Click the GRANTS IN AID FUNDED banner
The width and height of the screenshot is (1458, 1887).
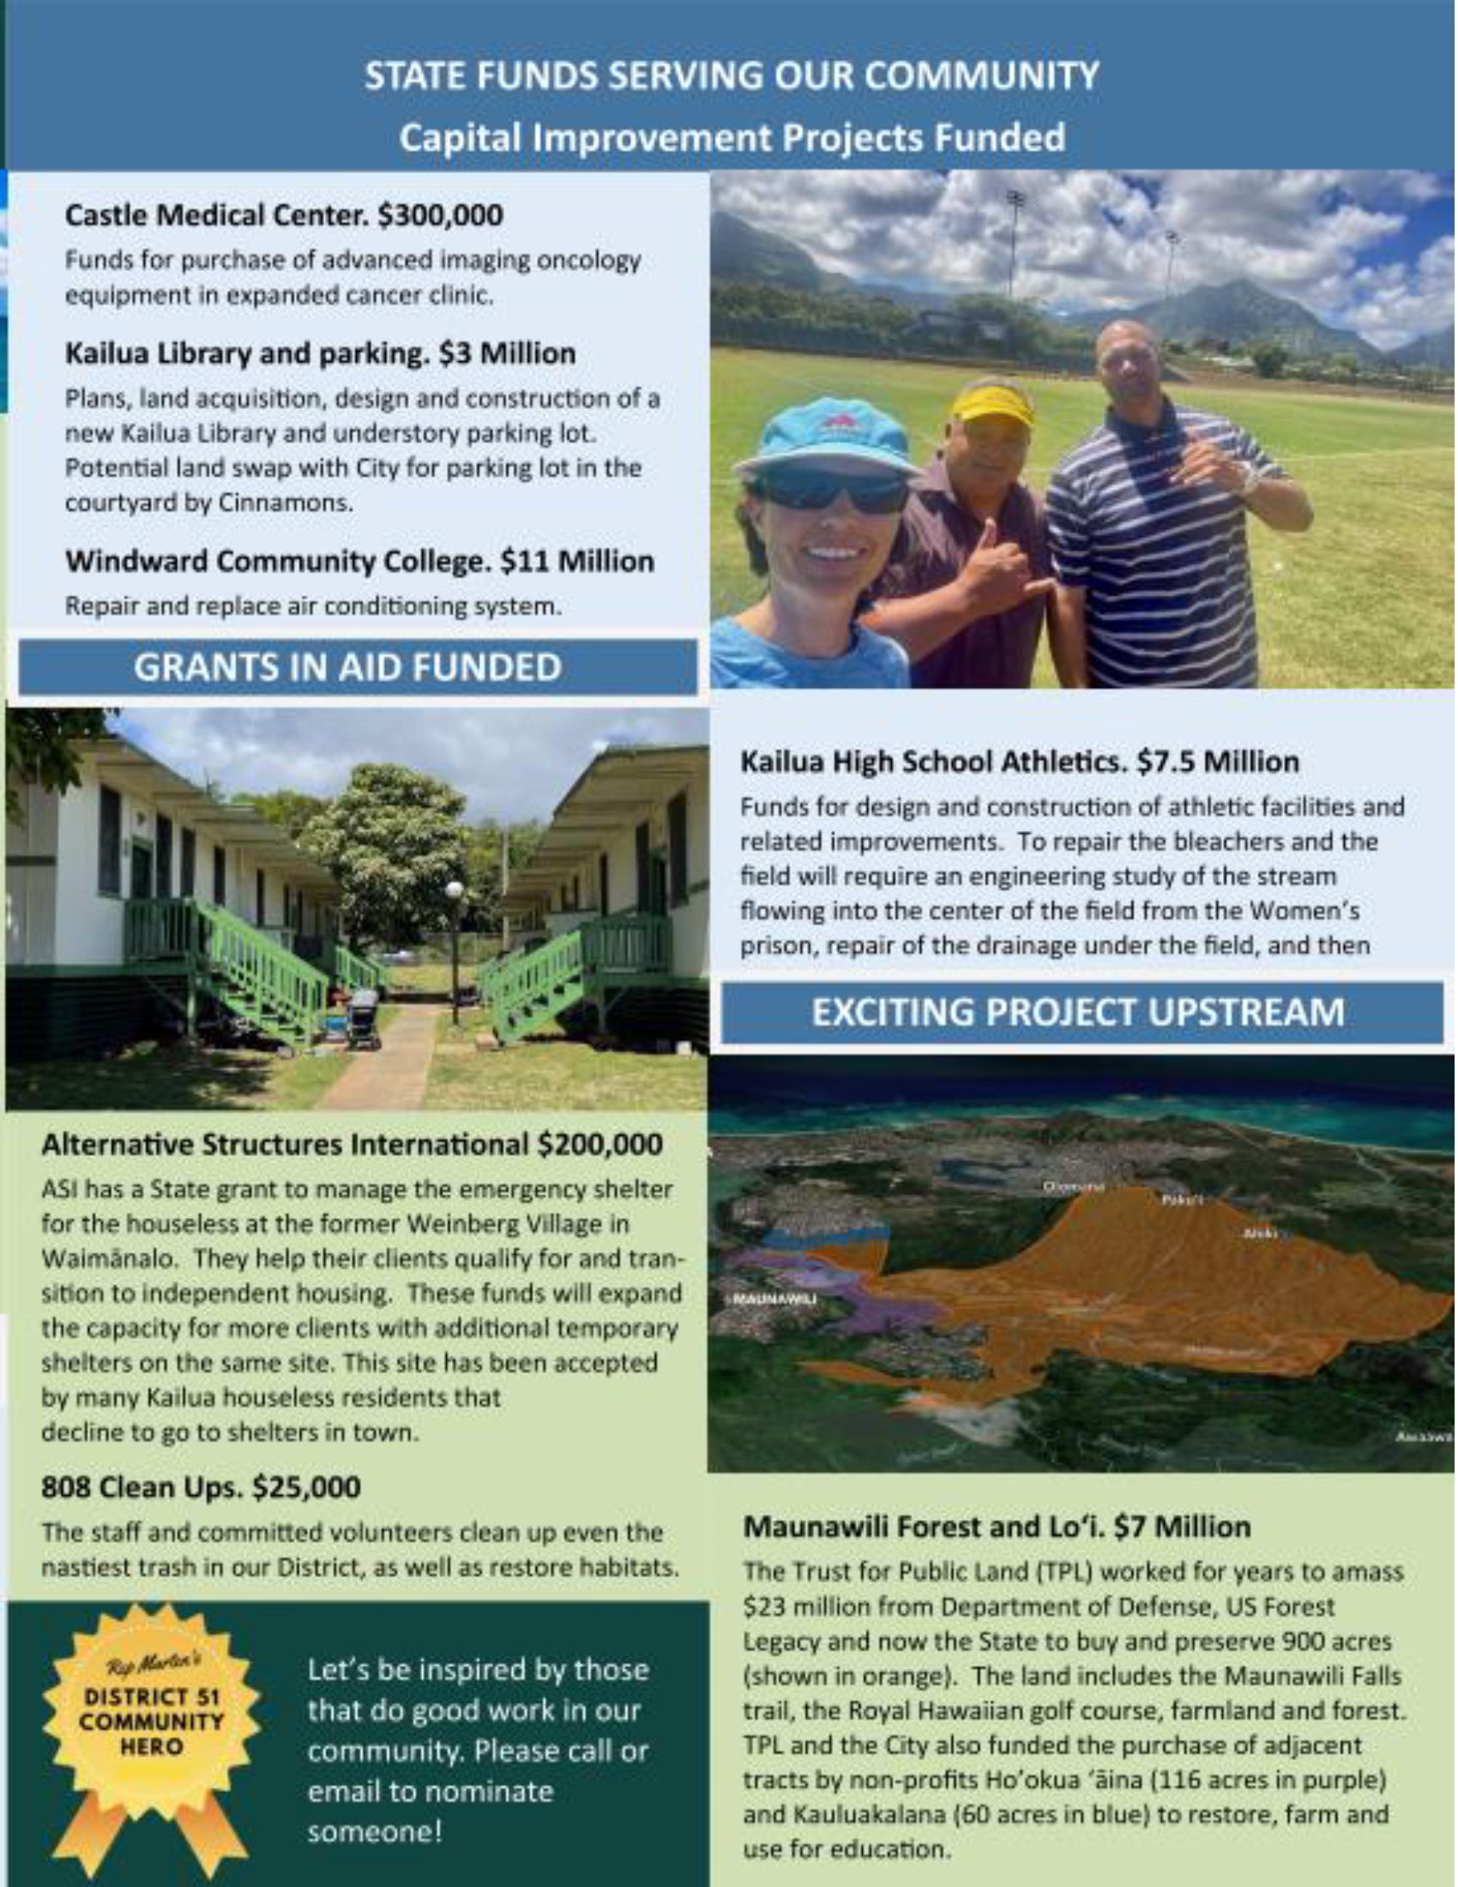coord(357,667)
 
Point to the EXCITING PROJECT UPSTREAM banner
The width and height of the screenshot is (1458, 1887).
coord(1081,1012)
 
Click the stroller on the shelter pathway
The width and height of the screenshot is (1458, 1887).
coord(364,1020)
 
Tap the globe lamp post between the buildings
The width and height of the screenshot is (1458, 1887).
coord(455,891)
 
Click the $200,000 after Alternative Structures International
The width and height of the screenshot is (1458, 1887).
coord(599,1145)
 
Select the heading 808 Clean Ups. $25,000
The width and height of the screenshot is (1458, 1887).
coord(202,1488)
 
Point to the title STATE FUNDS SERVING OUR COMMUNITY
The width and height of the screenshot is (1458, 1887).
coord(732,76)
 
